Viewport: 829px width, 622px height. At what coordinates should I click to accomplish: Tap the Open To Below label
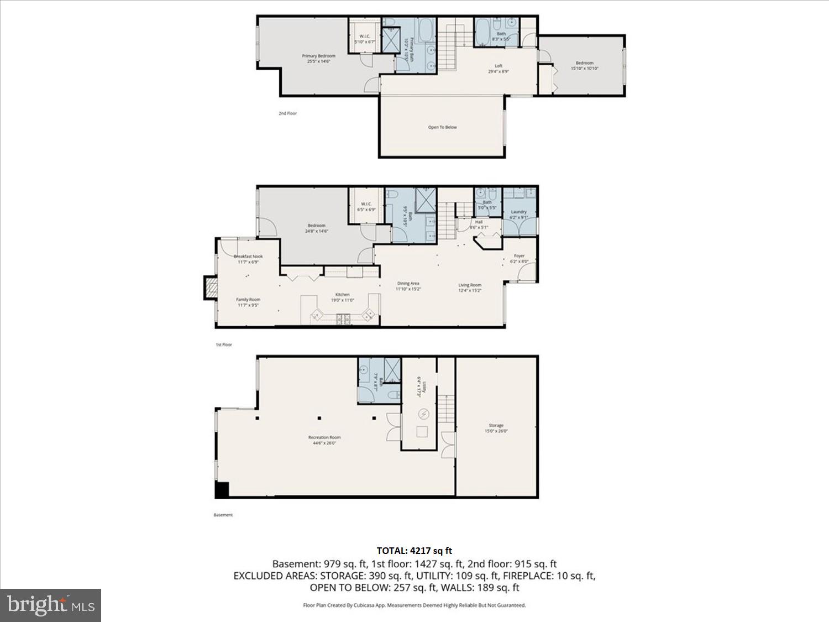[x=442, y=127]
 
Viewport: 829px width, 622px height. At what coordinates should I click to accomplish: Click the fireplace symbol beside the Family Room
[x=211, y=288]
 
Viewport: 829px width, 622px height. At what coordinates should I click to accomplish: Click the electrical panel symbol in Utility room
[x=424, y=414]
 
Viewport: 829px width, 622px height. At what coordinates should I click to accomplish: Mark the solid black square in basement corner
[x=222, y=489]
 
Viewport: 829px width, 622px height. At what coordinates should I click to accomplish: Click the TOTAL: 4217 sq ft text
[x=414, y=551]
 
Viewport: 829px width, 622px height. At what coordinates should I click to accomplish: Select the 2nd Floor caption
[x=287, y=113]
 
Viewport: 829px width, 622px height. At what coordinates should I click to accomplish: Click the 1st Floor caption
[x=223, y=344]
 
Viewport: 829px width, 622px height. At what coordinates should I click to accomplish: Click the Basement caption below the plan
[x=223, y=515]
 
